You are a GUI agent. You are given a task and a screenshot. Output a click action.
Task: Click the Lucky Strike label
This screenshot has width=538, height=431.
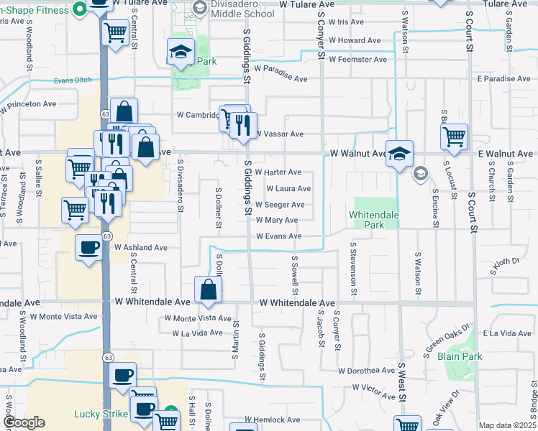(101, 414)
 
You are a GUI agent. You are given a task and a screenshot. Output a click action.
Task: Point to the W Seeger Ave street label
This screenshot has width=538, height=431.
(280, 205)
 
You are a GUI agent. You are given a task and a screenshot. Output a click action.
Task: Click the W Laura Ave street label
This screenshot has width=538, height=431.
(288, 189)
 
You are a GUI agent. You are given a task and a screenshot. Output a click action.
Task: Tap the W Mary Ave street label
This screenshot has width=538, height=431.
(276, 221)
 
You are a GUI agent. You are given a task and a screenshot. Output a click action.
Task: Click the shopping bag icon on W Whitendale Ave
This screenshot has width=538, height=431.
(208, 290)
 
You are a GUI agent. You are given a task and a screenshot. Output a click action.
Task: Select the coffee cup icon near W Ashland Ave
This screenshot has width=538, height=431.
(89, 248)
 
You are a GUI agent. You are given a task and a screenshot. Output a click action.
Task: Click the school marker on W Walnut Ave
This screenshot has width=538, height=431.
(399, 153)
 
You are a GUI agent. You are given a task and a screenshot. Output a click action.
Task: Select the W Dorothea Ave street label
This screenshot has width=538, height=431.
(365, 371)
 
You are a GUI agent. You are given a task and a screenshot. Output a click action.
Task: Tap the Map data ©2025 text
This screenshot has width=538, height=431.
(506, 425)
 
